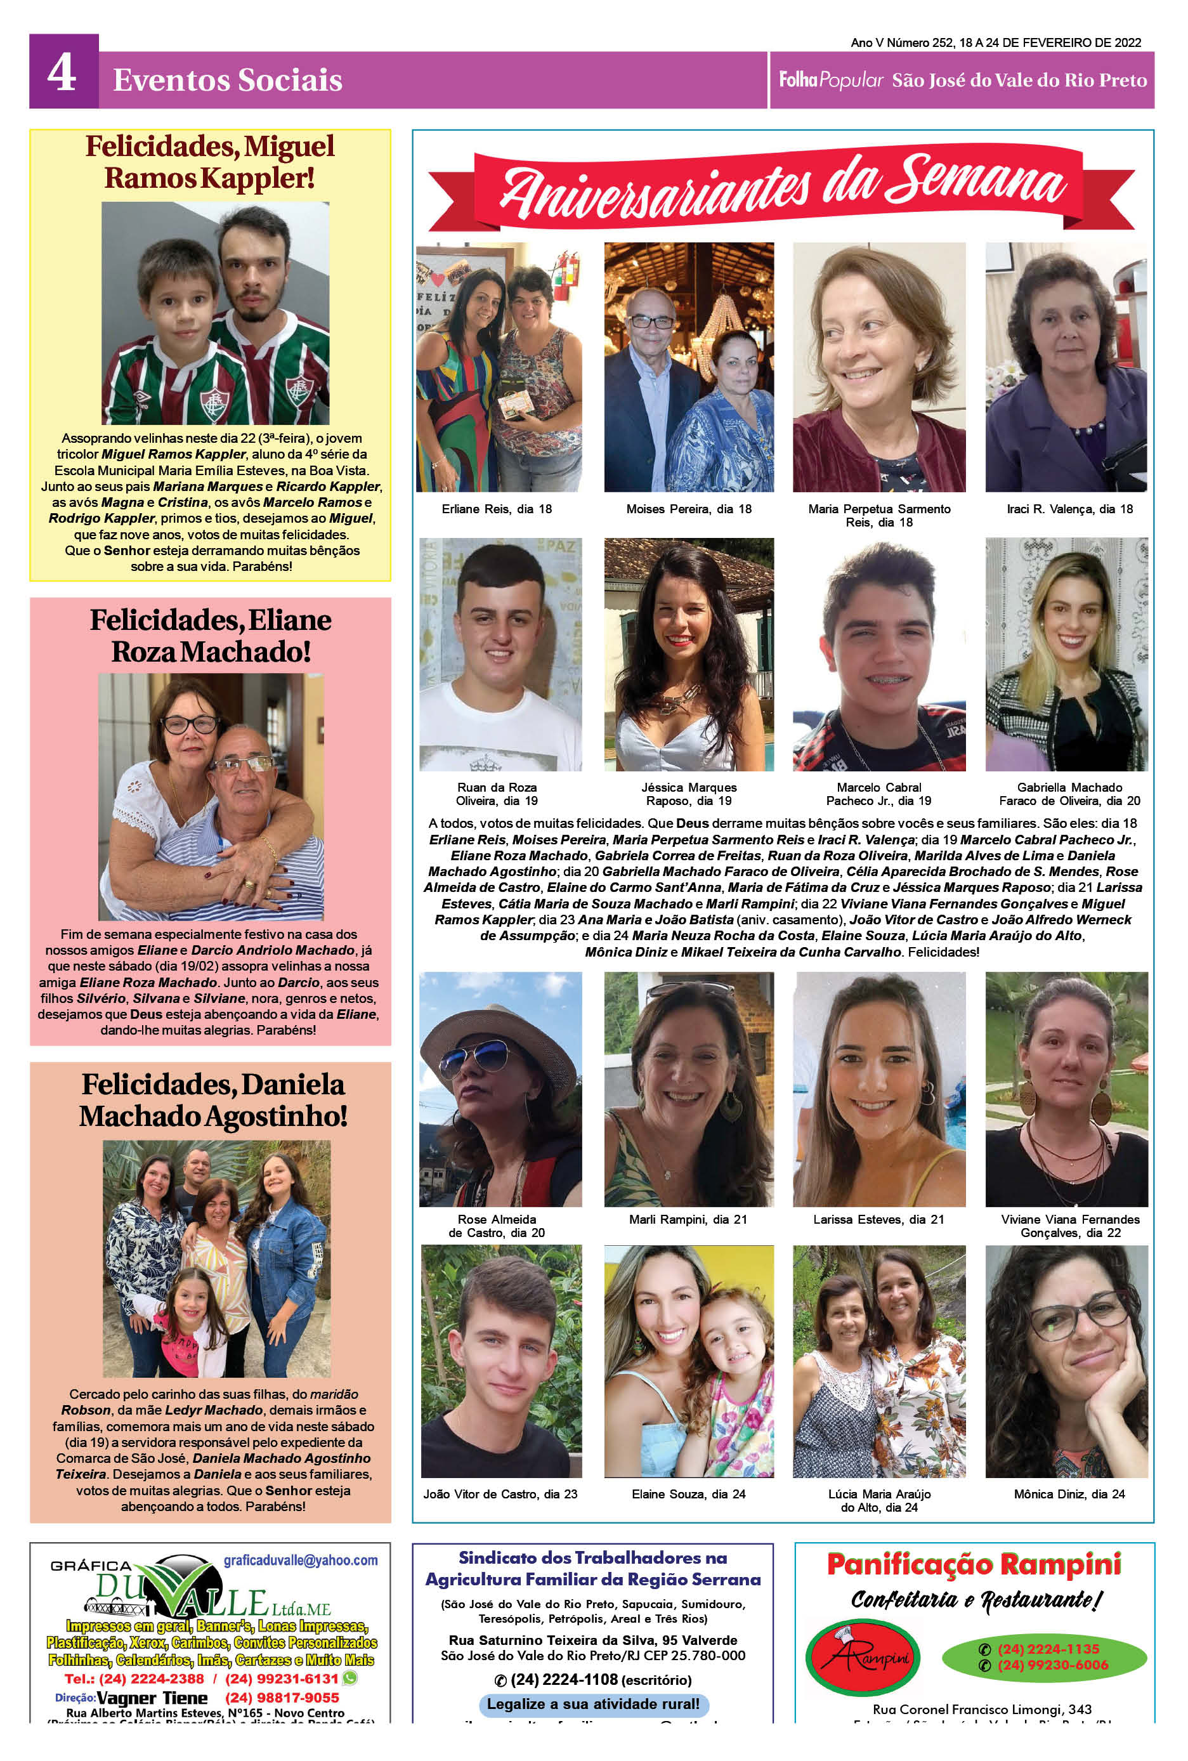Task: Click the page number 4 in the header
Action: (x=62, y=74)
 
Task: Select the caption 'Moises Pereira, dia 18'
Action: (x=689, y=509)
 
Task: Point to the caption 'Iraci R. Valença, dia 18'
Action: (x=1069, y=509)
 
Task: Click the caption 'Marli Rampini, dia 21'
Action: (x=688, y=1219)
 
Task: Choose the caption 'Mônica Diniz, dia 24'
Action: (x=1069, y=1495)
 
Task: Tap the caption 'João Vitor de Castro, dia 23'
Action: (x=500, y=1495)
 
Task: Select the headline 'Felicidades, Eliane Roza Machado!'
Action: (x=211, y=636)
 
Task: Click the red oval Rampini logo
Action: (x=862, y=1660)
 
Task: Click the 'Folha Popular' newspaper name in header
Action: (x=831, y=79)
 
